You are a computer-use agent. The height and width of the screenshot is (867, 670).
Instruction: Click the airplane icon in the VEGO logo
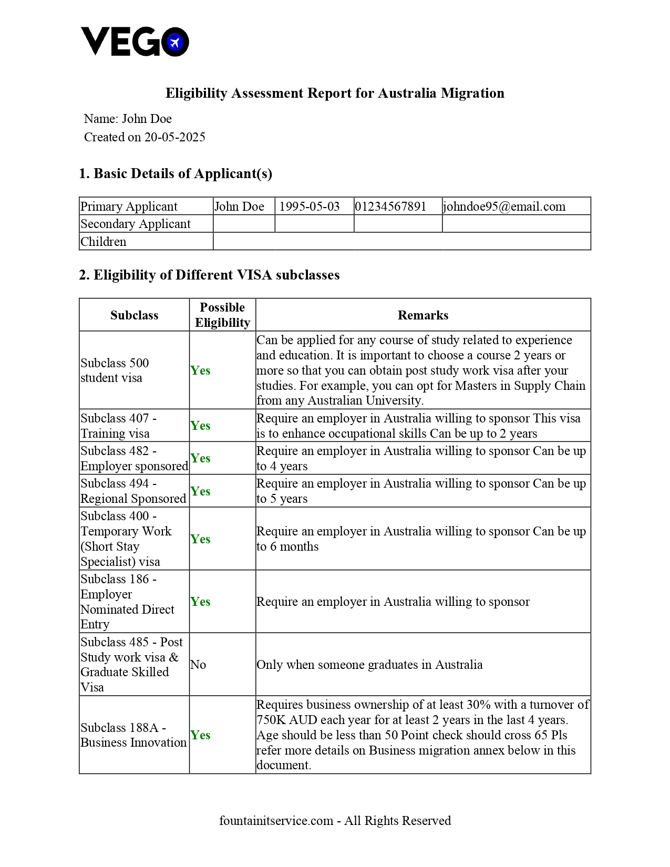(175, 42)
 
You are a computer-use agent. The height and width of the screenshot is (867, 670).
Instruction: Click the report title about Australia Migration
(335, 93)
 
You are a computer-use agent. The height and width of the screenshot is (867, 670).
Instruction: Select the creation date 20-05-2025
(174, 137)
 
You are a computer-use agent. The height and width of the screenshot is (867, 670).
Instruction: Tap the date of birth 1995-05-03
(310, 207)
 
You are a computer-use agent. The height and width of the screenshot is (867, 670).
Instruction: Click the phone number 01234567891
(390, 207)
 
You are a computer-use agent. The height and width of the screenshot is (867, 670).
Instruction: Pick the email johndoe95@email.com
(504, 207)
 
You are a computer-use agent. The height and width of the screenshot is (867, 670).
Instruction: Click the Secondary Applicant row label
(136, 224)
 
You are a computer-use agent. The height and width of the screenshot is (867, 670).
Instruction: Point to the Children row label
(104, 242)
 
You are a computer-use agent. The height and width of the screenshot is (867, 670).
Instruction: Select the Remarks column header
(423, 315)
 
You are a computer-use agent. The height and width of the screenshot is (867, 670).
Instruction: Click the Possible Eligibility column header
(222, 315)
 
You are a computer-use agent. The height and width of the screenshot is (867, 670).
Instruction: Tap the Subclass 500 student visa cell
(115, 370)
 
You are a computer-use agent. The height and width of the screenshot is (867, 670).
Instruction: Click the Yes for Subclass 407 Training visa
(200, 426)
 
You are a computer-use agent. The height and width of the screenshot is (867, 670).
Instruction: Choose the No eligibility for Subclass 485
(198, 665)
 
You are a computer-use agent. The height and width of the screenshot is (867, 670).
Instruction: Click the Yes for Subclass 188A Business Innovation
(200, 735)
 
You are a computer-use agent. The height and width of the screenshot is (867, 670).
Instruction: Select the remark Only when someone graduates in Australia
(369, 665)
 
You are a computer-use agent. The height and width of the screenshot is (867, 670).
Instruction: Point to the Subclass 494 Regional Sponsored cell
(133, 491)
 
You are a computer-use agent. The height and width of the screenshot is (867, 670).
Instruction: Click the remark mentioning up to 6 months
(420, 539)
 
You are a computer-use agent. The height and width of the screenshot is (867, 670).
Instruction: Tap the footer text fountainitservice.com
(335, 821)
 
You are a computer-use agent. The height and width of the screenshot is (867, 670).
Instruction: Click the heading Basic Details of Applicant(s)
(176, 173)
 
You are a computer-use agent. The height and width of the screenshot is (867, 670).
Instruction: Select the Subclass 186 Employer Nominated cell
(127, 602)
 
